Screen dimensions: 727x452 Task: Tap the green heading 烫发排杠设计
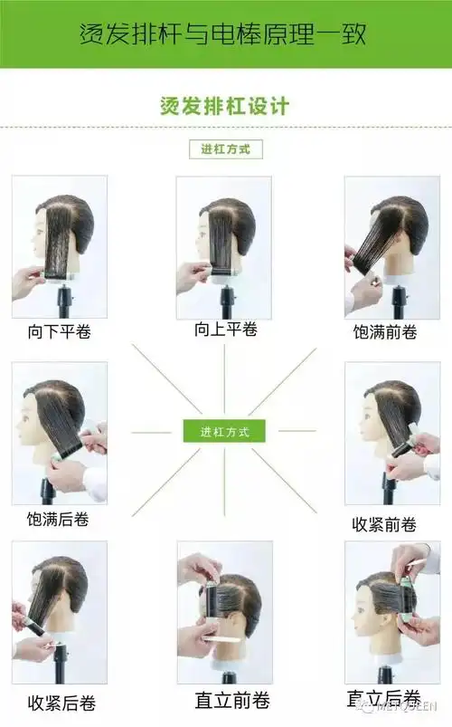(225, 106)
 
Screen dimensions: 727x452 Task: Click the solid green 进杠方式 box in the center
(225, 430)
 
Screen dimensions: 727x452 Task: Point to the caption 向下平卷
(59, 332)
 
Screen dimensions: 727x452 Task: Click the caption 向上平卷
(225, 330)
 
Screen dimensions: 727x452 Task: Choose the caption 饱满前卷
(385, 332)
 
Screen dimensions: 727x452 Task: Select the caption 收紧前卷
(385, 524)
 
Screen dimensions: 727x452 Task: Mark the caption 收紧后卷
(61, 703)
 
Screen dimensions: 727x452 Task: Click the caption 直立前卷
(225, 700)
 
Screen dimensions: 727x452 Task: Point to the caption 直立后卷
(383, 698)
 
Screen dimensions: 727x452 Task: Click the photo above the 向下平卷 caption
(59, 246)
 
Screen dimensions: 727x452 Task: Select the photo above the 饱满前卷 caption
(385, 246)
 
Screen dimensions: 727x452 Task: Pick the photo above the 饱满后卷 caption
(59, 434)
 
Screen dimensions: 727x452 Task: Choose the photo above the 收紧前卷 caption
(385, 434)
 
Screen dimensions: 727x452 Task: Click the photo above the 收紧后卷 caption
(59, 613)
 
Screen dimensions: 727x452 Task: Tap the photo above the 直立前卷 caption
(224, 613)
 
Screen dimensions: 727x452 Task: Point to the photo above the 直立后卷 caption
(387, 613)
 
